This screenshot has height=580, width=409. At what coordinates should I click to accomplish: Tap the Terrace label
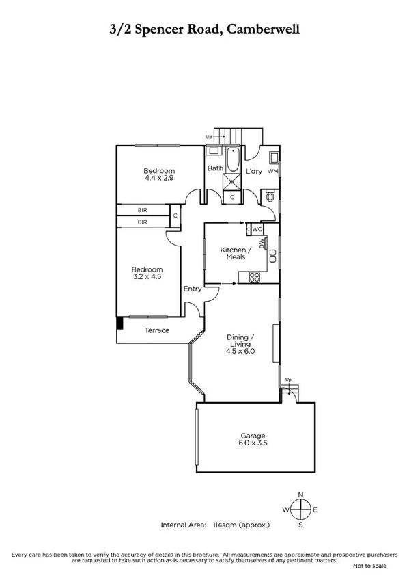pyautogui.click(x=156, y=331)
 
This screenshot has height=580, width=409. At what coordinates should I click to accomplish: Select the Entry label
pyautogui.click(x=193, y=289)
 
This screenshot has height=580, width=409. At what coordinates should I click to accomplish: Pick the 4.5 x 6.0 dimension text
pyautogui.click(x=240, y=351)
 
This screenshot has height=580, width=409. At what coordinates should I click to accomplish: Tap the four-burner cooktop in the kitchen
pyautogui.click(x=254, y=277)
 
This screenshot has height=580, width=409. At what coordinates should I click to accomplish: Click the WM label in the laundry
pyautogui.click(x=272, y=171)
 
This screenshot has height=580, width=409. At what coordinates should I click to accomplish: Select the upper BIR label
pyautogui.click(x=143, y=211)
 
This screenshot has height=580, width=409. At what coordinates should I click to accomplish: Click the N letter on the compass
pyautogui.click(x=300, y=494)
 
